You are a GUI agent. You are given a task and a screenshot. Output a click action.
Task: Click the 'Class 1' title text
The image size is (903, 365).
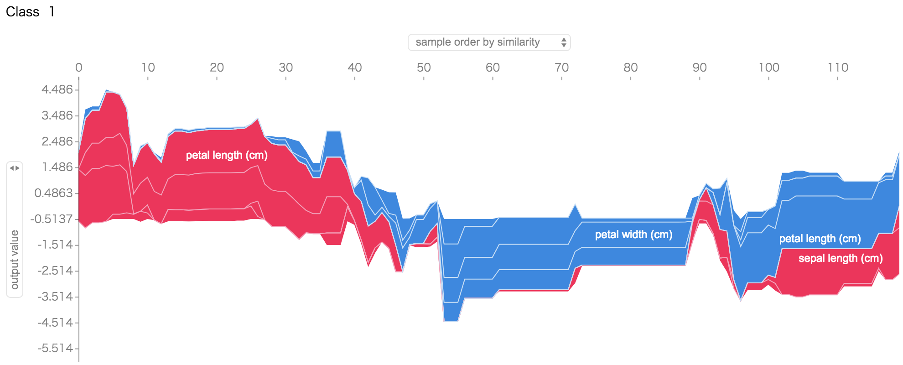(x=30, y=12)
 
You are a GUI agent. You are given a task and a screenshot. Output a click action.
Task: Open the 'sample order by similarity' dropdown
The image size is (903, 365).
(x=489, y=42)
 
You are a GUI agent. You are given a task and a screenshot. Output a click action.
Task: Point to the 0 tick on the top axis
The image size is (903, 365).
(x=79, y=68)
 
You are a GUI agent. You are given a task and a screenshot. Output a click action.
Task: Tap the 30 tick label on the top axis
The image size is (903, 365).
(x=285, y=68)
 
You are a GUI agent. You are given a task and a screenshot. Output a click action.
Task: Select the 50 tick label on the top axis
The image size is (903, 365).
(x=424, y=68)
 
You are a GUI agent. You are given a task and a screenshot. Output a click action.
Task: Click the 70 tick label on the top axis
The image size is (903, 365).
(x=561, y=68)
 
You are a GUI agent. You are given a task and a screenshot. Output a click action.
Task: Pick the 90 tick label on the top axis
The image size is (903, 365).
(x=700, y=68)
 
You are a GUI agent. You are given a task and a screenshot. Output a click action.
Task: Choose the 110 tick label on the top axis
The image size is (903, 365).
(x=838, y=68)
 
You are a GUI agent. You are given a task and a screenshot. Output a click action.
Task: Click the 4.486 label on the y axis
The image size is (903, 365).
(x=57, y=89)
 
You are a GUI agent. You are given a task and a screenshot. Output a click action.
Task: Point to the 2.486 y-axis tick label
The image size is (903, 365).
(x=57, y=141)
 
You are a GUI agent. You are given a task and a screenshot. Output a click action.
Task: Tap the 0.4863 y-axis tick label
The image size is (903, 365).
(x=54, y=193)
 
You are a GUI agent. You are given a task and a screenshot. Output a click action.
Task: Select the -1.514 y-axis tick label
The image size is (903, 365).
(x=55, y=245)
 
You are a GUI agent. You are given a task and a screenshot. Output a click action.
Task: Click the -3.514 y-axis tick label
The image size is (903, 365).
(x=55, y=297)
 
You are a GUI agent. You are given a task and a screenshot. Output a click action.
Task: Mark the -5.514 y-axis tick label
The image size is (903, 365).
(x=55, y=349)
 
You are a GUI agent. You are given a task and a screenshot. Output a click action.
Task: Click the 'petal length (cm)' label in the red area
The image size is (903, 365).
(x=227, y=155)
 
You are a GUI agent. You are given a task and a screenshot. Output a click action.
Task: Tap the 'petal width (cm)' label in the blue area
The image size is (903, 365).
(x=633, y=235)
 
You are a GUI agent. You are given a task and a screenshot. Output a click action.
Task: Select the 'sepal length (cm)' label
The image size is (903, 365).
(x=841, y=258)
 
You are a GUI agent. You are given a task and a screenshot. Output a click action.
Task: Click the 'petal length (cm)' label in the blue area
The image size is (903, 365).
(x=820, y=239)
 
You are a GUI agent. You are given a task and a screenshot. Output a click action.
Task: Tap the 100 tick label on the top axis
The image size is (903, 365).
(x=769, y=68)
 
